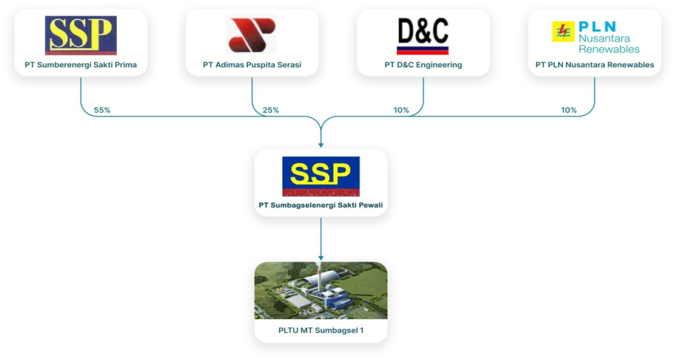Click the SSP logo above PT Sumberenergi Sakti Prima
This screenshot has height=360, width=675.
(x=81, y=36)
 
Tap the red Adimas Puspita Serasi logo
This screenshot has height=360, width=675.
(x=252, y=35)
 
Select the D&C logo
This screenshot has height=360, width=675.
(x=423, y=36)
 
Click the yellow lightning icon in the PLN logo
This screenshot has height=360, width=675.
(x=563, y=32)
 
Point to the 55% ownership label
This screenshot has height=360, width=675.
(x=102, y=110)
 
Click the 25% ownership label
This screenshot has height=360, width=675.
(x=271, y=110)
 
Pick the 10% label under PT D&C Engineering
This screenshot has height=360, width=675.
(x=401, y=110)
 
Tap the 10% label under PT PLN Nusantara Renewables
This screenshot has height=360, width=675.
(x=569, y=110)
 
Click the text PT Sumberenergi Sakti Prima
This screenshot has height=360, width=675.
(x=81, y=65)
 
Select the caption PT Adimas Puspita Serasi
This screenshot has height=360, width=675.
(x=252, y=65)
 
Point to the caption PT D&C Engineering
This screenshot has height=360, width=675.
(x=423, y=65)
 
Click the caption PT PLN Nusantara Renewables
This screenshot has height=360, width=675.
(x=594, y=65)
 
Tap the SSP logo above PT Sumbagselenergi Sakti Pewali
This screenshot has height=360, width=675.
(x=321, y=176)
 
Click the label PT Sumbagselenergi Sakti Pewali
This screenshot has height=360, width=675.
(x=321, y=205)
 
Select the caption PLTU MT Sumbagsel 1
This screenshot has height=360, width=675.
(x=321, y=331)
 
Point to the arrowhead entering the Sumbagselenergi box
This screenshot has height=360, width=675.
(x=321, y=145)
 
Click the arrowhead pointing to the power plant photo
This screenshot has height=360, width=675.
(x=321, y=258)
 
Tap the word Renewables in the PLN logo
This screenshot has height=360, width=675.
(x=609, y=49)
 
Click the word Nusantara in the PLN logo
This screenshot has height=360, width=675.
(x=604, y=38)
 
